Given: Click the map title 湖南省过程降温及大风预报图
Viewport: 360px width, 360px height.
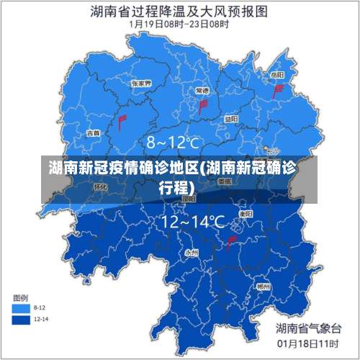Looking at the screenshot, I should pyautogui.click(x=179, y=11).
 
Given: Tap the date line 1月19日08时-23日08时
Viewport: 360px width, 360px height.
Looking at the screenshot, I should pyautogui.click(x=179, y=24).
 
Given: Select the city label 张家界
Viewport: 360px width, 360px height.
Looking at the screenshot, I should pyautogui.click(x=141, y=84).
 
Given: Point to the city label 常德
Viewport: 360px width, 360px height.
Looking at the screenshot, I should pyautogui.click(x=202, y=91).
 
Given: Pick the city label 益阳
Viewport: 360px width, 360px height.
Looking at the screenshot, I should pyautogui.click(x=230, y=119).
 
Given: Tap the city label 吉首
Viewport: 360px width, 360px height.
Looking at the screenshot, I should pyautogui.click(x=93, y=133).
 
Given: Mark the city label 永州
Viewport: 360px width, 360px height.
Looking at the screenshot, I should pyautogui.click(x=192, y=253).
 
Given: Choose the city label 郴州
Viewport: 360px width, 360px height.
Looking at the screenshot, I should pyautogui.click(x=264, y=286).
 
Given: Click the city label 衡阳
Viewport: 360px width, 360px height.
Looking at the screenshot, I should pyautogui.click(x=246, y=214).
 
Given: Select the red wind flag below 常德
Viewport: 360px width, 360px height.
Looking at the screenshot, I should pyautogui.click(x=203, y=107).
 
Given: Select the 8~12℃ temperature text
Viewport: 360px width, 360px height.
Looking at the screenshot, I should pyautogui.click(x=173, y=142).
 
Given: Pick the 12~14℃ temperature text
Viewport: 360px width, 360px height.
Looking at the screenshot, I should pyautogui.click(x=193, y=221).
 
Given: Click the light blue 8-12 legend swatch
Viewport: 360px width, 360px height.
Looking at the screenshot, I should pyautogui.click(x=22, y=307).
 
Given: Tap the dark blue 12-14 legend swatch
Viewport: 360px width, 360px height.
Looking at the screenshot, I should pyautogui.click(x=22, y=318).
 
